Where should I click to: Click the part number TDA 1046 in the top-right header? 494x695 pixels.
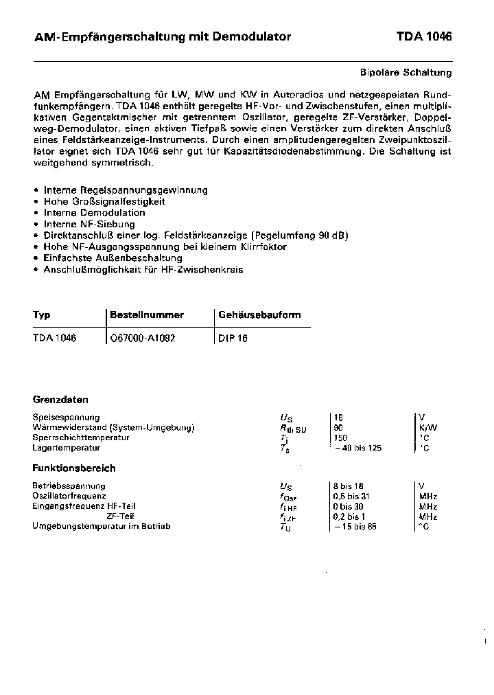pyautogui.click(x=423, y=37)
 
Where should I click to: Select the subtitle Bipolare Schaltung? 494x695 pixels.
pyautogui.click(x=406, y=72)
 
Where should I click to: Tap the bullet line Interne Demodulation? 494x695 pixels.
pyautogui.click(x=89, y=213)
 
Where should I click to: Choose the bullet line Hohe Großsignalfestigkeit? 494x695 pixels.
pyautogui.click(x=104, y=202)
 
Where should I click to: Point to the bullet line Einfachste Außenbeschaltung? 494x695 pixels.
pyautogui.click(x=113, y=258)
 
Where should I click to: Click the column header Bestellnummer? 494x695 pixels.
pyautogui.click(x=147, y=315)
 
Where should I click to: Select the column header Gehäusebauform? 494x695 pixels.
pyautogui.click(x=259, y=315)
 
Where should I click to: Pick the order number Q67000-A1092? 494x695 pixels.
pyautogui.click(x=143, y=338)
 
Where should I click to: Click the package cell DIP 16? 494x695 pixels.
pyautogui.click(x=233, y=339)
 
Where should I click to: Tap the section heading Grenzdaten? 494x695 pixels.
pyautogui.click(x=60, y=400)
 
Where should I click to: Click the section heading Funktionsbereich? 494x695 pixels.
pyautogui.click(x=74, y=468)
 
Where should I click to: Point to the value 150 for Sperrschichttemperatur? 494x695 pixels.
pyautogui.click(x=340, y=437)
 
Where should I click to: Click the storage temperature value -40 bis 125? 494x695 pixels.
pyautogui.click(x=357, y=448)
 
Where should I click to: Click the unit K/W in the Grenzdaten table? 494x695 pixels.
pyautogui.click(x=427, y=427)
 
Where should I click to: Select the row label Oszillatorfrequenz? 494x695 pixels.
pyautogui.click(x=69, y=496)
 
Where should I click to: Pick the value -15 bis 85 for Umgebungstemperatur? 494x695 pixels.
pyautogui.click(x=355, y=527)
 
